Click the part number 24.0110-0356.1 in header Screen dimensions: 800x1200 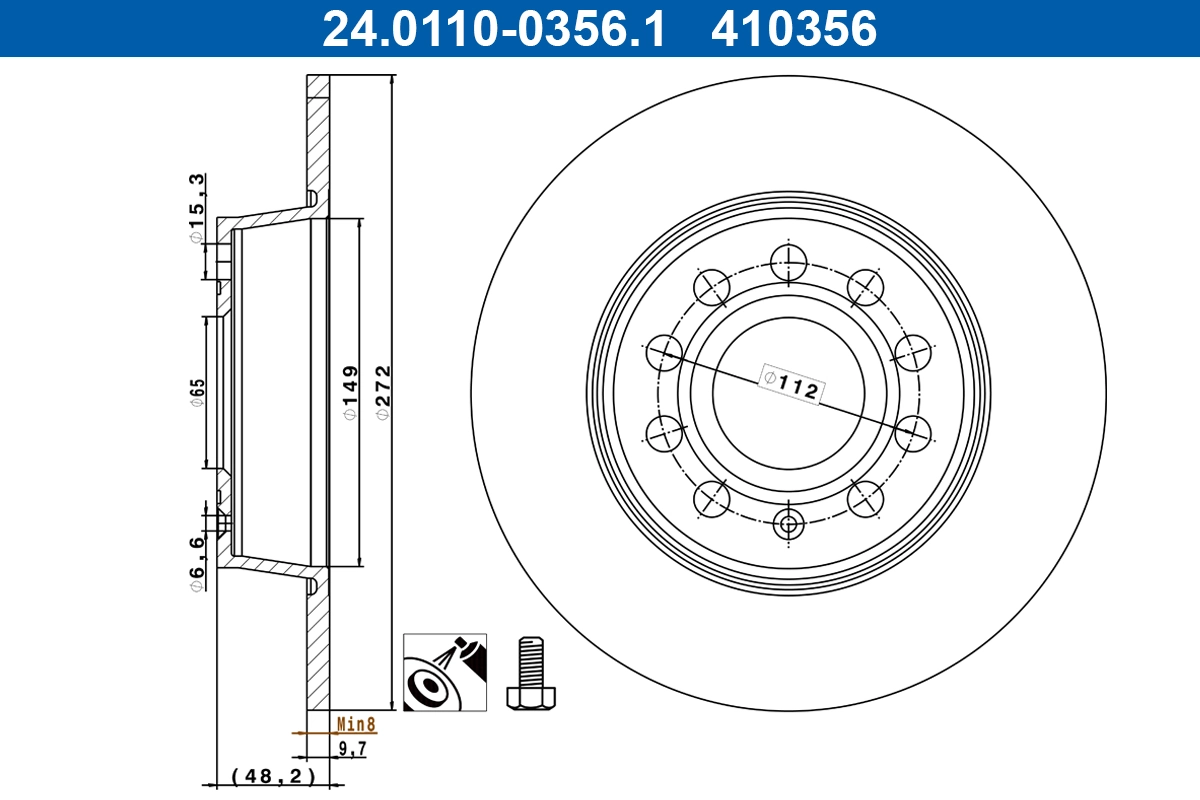(492, 28)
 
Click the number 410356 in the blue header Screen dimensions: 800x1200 (793, 28)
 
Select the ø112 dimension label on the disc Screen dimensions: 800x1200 (790, 384)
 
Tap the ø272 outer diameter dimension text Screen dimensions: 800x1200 (381, 393)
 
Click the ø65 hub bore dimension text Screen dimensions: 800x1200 (198, 392)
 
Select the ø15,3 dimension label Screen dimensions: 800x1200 (198, 208)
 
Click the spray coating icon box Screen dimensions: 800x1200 (444, 672)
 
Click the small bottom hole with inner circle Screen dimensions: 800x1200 (789, 521)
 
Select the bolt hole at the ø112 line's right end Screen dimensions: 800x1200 (912, 434)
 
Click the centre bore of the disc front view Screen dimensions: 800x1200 (789, 393)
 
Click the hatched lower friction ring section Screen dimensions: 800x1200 (318, 650)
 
